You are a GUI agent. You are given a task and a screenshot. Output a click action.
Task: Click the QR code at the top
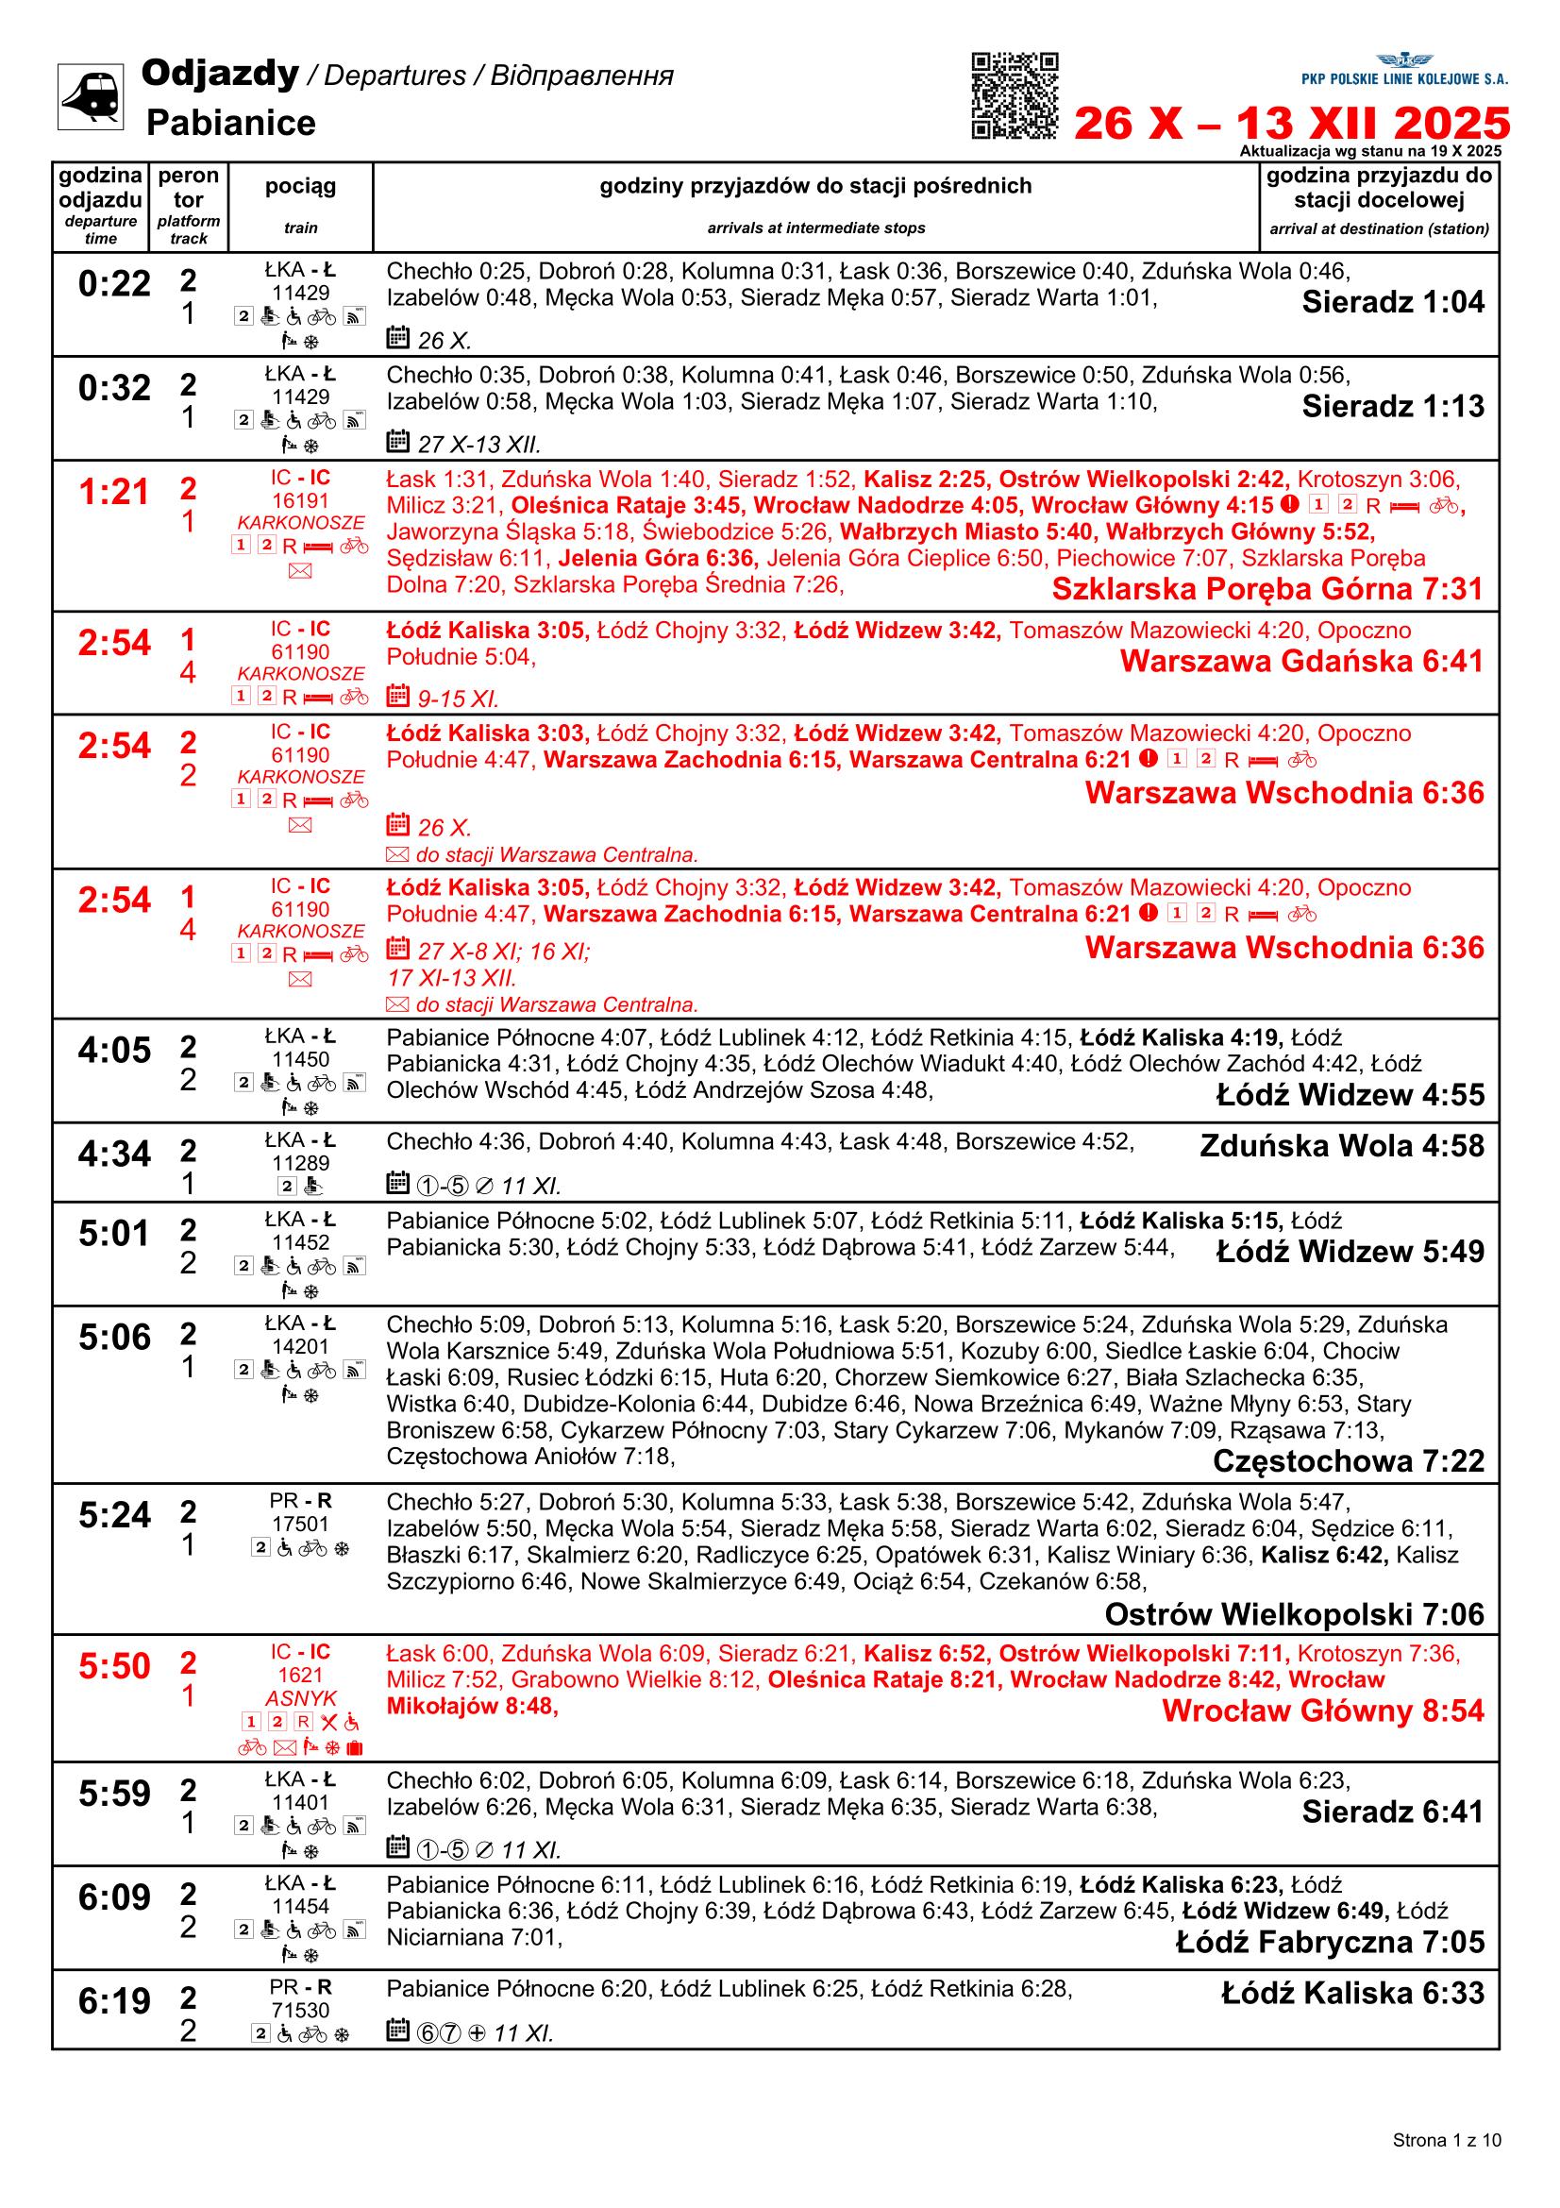[x=1015, y=96]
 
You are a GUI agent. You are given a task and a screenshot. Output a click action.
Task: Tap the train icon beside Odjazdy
[x=91, y=96]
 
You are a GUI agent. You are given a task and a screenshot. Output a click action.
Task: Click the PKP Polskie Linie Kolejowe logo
[x=1404, y=70]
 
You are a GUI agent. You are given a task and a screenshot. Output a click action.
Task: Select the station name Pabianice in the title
[x=230, y=123]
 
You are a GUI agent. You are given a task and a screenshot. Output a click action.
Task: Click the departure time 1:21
[x=114, y=493]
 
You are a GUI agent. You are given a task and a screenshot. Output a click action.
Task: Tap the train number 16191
[x=300, y=501]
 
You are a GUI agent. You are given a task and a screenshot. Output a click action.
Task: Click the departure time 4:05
[x=114, y=1050]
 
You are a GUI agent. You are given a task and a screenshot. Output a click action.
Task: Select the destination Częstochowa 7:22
[x=1348, y=1460]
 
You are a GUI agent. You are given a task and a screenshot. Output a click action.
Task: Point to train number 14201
[x=300, y=1346]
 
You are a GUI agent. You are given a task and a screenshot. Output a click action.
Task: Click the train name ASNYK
[x=301, y=1698]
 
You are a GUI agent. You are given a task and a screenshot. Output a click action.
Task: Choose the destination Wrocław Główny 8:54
[x=1322, y=1711]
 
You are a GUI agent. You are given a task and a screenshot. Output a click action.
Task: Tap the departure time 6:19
[x=114, y=2001]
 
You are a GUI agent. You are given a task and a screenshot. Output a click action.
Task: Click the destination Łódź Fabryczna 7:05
[x=1330, y=1942]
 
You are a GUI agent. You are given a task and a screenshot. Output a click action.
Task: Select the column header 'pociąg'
[x=300, y=187]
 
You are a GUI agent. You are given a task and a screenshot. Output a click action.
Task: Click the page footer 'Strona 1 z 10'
[x=1446, y=2140]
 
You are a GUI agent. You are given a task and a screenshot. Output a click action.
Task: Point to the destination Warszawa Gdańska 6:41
[x=1301, y=662]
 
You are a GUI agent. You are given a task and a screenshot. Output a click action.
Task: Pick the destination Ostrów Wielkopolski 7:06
[x=1294, y=1613]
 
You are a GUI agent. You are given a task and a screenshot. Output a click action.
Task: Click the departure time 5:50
[x=114, y=1666]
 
